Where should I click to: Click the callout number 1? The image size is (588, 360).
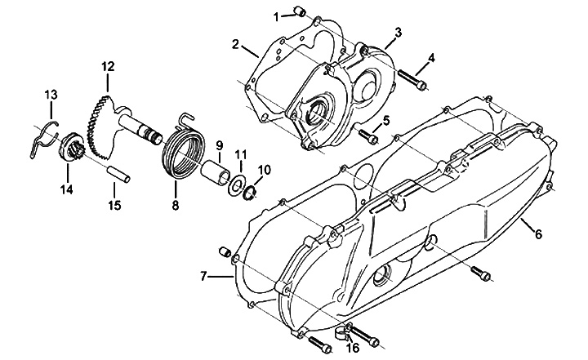tap(276, 17)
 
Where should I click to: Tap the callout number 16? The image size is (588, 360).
tap(353, 348)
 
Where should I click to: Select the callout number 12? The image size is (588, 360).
tap(108, 67)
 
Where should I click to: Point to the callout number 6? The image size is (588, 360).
tap(538, 234)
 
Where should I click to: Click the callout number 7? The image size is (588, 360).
tap(203, 277)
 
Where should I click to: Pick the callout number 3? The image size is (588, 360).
tap(398, 33)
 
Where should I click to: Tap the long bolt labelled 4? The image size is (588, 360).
tap(412, 79)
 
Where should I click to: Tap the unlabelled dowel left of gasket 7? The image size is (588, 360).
tap(224, 251)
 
